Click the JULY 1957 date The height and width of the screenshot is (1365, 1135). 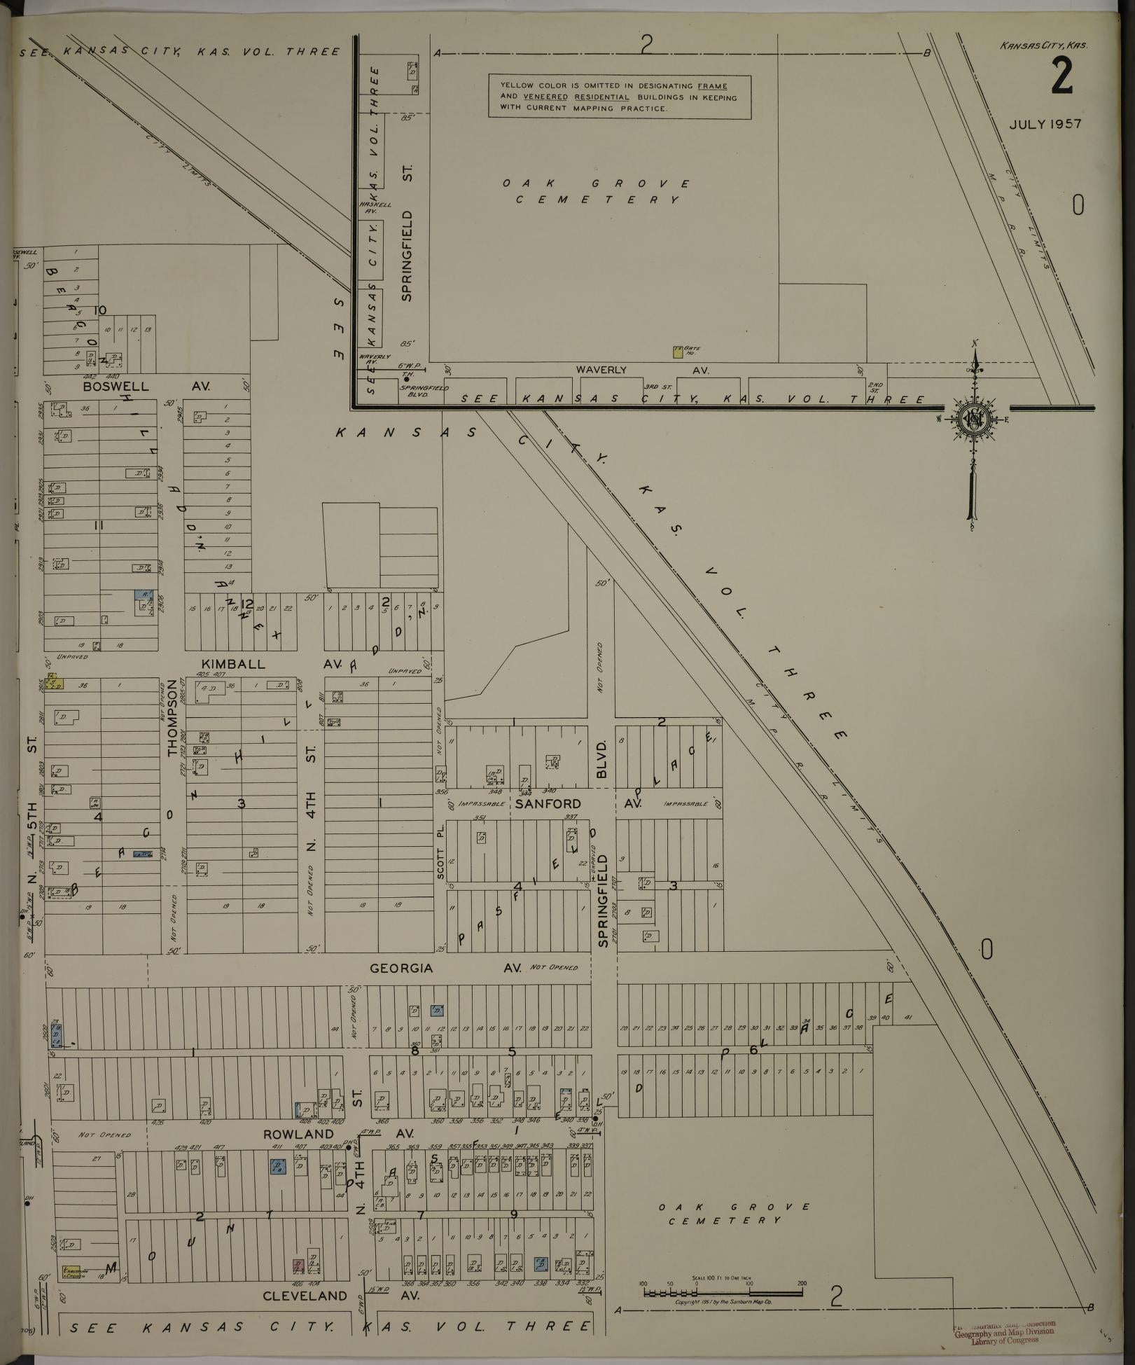1045,124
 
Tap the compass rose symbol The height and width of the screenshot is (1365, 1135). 973,419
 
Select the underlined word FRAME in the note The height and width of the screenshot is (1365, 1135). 712,86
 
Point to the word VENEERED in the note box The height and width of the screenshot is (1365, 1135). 545,97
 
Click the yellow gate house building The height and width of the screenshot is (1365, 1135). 677,352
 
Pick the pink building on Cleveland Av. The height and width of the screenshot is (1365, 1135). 298,1266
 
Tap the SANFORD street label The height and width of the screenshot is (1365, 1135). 548,804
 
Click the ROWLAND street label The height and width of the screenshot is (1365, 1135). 298,1133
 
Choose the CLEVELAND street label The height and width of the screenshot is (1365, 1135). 305,1296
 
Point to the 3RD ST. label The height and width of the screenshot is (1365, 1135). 657,386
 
